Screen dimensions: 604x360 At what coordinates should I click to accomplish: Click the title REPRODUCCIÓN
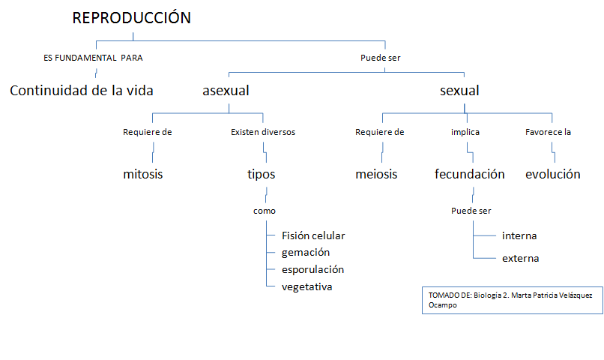(131, 17)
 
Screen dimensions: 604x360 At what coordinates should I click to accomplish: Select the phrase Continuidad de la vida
(81, 91)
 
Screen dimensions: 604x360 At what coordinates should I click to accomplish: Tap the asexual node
(226, 91)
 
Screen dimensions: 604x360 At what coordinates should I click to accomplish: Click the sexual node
(459, 91)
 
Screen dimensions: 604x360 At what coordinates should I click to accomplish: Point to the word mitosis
(143, 174)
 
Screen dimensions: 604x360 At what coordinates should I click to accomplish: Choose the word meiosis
(376, 174)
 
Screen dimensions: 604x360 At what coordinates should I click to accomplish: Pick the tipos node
(262, 175)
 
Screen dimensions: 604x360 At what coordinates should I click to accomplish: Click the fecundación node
(470, 174)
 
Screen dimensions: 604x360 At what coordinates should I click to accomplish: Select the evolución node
(553, 174)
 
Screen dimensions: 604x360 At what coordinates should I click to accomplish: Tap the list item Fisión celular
(313, 235)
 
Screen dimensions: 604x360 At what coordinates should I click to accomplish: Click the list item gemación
(306, 253)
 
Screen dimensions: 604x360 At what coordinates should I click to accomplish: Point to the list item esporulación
(312, 270)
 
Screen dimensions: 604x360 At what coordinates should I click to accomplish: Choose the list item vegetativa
(306, 286)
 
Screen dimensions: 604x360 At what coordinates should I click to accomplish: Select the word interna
(519, 236)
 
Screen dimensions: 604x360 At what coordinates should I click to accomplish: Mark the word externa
(520, 258)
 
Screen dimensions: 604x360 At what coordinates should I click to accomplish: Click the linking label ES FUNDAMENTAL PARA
(93, 58)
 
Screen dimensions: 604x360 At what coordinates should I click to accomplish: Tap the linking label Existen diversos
(263, 132)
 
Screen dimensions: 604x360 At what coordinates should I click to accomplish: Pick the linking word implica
(465, 132)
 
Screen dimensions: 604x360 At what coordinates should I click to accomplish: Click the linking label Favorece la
(548, 132)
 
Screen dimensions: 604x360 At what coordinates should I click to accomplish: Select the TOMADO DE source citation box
(513, 300)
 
